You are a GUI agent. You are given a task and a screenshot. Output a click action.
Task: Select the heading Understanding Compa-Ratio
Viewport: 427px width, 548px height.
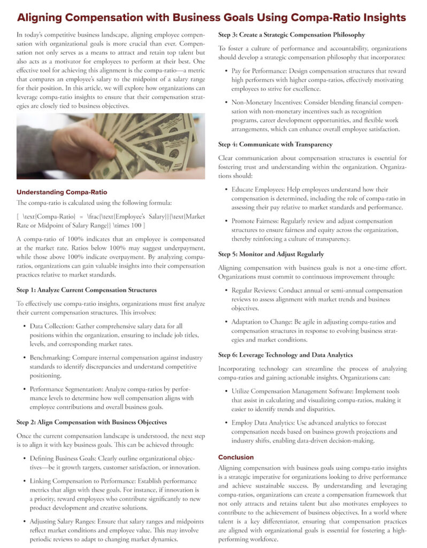pyautogui.click(x=62, y=192)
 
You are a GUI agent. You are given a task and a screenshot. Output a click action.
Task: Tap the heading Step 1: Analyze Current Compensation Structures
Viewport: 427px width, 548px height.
pyautogui.click(x=87, y=290)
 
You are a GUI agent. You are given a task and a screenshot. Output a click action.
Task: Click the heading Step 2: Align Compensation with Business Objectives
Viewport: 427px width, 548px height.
pyautogui.click(x=91, y=422)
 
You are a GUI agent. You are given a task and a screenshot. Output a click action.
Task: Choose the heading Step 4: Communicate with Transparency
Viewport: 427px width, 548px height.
pyautogui.click(x=275, y=144)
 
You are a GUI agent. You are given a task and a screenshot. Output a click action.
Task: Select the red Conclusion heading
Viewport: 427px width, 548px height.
pyautogui.click(x=236, y=457)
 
